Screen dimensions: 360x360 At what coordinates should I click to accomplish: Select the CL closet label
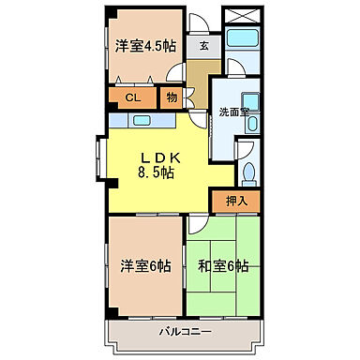click(133, 97)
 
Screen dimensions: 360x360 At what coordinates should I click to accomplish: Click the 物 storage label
click(172, 97)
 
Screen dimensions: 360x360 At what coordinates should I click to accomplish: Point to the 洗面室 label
click(233, 111)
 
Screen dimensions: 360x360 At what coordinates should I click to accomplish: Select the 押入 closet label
click(235, 200)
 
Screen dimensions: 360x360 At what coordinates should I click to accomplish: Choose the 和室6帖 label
click(223, 266)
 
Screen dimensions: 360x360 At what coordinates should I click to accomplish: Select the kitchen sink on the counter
click(142, 119)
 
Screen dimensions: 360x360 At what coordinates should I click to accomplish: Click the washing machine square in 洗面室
click(247, 103)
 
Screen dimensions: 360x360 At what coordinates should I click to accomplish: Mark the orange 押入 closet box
click(235, 200)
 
